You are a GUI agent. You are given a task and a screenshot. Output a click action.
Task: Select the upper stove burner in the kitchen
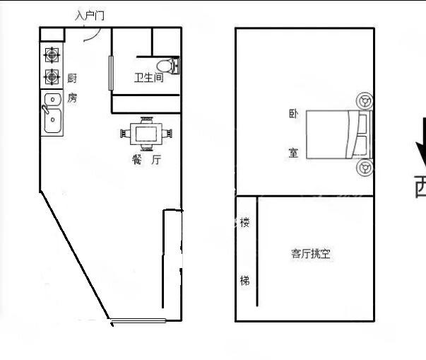[52, 54]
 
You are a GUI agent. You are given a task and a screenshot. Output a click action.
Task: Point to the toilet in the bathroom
[168, 66]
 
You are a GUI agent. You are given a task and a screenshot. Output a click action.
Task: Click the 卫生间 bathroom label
[148, 78]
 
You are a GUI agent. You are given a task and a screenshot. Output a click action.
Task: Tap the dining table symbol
[147, 133]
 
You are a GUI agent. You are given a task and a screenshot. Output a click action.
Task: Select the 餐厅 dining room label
[147, 160]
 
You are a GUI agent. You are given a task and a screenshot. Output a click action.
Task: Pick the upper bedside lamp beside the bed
[365, 101]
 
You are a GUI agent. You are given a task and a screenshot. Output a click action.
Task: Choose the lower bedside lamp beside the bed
[365, 168]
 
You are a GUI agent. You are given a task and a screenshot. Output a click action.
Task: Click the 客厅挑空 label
[311, 253]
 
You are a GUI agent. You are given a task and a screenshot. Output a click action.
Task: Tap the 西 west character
[421, 187]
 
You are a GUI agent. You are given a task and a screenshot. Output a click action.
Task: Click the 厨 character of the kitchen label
[72, 79]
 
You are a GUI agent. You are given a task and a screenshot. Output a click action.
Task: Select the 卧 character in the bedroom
[293, 114]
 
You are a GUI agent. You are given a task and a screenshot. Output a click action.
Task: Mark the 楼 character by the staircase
[244, 223]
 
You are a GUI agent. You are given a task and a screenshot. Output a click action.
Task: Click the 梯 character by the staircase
[244, 281]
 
